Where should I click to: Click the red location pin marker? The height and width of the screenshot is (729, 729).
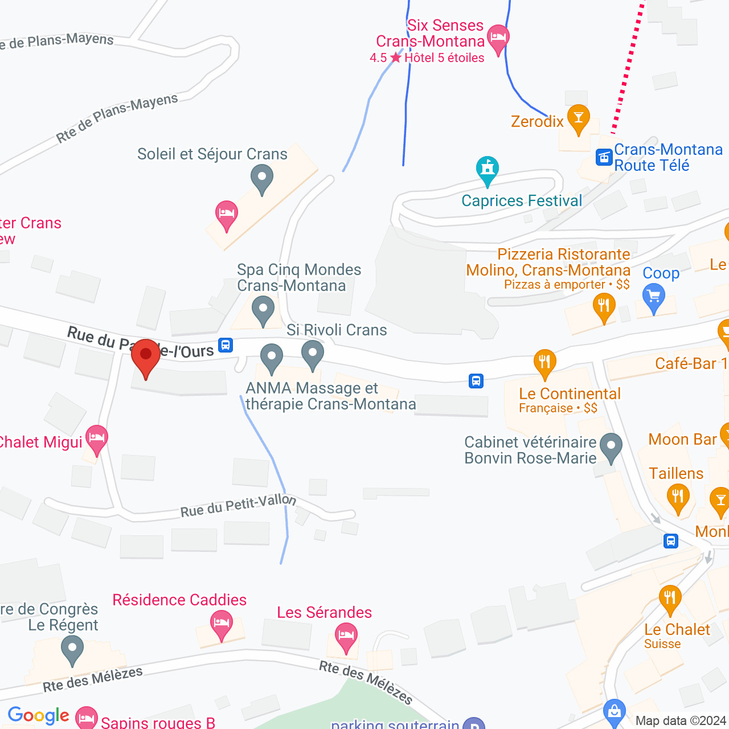tap(146, 355)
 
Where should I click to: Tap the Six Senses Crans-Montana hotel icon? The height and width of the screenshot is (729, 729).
tap(498, 38)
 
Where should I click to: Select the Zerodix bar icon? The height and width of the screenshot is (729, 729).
tap(579, 118)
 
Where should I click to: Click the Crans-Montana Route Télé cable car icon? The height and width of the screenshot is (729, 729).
tap(604, 157)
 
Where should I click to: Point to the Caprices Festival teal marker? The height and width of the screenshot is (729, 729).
tap(488, 169)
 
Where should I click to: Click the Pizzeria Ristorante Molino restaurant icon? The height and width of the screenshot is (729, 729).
tap(604, 306)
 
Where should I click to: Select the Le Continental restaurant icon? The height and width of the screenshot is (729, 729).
tap(545, 362)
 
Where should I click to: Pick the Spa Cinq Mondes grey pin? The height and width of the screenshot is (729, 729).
tap(263, 310)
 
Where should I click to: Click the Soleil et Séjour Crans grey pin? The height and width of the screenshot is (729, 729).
tap(262, 178)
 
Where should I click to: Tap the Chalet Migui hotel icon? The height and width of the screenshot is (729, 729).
tap(97, 439)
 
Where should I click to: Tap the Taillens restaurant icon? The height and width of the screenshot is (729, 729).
tap(677, 497)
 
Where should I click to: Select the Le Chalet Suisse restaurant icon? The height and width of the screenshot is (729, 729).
tap(670, 599)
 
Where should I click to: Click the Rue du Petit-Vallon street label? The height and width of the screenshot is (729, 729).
tap(238, 506)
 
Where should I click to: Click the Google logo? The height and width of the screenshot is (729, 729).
tap(38, 716)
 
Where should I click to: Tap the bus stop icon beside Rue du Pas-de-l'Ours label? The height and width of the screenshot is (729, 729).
tap(226, 345)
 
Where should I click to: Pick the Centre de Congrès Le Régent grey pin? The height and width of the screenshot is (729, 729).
tap(72, 649)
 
